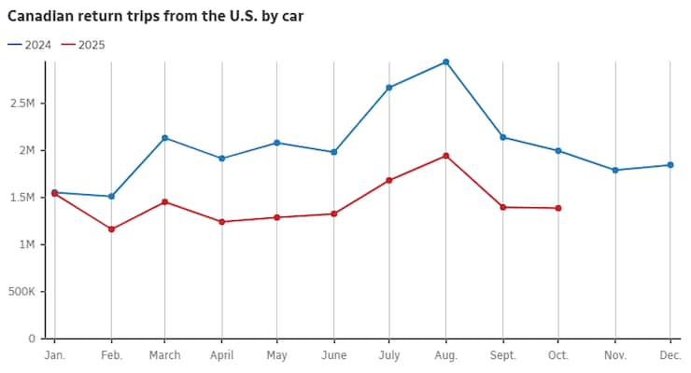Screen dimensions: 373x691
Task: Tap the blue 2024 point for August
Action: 445,62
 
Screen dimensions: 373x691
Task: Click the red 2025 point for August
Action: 445,156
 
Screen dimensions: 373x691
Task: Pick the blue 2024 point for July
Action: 389,88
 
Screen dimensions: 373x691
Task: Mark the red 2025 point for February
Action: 111,228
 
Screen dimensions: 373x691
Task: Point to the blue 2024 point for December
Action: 670,165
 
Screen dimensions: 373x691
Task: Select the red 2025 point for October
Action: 558,208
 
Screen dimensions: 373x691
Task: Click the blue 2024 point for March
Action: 165,138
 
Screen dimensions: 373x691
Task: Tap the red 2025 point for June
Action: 334,214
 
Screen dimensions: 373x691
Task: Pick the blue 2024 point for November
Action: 614,170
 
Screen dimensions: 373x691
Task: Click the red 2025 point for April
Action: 221,222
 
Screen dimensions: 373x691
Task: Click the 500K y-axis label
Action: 21,292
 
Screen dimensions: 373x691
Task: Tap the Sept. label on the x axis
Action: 502,355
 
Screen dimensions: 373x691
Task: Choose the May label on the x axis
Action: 277,355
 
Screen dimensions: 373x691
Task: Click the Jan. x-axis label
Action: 54,355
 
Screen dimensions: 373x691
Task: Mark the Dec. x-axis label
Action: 670,355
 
